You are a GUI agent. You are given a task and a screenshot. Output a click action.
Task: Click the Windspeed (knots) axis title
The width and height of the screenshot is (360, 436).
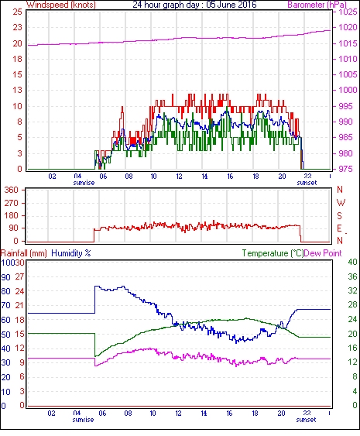[61, 5]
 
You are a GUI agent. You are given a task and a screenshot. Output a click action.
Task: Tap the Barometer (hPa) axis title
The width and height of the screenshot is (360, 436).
[317, 5]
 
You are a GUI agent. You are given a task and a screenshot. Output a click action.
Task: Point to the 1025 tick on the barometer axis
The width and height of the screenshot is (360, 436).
[348, 12]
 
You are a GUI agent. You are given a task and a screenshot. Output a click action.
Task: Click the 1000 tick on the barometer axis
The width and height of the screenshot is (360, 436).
[348, 90]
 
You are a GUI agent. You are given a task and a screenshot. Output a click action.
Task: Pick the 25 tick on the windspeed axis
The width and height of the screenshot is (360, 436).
[18, 12]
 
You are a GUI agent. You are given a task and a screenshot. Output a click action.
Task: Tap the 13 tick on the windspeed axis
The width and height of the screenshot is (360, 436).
[18, 90]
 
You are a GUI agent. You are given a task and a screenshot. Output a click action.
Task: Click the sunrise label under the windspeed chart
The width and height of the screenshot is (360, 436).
[84, 183]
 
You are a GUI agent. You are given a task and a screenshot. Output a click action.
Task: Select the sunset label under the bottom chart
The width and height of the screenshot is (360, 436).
[306, 419]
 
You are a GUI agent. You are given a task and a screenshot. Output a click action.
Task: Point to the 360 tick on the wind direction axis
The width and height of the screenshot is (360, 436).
[12, 191]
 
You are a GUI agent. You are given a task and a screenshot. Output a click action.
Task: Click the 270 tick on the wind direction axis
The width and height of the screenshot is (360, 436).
[12, 203]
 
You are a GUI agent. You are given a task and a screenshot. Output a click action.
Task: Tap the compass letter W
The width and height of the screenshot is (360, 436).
[341, 203]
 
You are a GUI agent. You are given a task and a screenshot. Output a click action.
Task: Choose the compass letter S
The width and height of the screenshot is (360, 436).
[339, 215]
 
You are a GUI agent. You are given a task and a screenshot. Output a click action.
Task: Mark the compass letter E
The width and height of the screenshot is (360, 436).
[339, 228]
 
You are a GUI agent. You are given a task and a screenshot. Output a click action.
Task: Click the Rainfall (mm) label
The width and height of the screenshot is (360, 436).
[24, 253]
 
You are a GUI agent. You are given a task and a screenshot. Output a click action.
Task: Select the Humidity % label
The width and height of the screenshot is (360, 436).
[71, 253]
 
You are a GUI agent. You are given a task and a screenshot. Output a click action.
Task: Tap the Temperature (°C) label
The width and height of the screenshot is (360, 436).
[273, 253]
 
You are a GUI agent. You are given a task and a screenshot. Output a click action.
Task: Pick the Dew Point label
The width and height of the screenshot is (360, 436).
[323, 253]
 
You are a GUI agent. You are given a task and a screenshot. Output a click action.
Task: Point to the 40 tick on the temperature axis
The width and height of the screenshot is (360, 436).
[352, 262]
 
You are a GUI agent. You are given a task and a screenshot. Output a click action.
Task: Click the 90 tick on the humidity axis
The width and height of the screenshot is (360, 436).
[6, 277]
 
